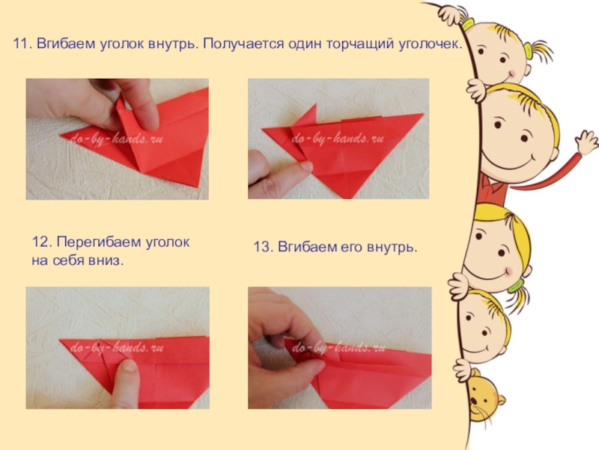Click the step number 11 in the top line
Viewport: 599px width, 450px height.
(x=22, y=43)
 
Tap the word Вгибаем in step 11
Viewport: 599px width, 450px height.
(x=66, y=43)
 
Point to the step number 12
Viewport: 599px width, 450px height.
(x=40, y=242)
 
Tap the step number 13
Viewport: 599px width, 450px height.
(x=262, y=247)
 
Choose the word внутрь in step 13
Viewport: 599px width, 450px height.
(x=392, y=247)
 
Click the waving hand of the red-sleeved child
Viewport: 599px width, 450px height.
(x=587, y=142)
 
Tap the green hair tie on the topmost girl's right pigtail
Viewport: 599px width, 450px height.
(x=529, y=51)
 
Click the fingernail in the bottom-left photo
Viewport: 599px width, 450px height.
(x=129, y=366)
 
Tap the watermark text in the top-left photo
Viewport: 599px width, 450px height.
(x=116, y=139)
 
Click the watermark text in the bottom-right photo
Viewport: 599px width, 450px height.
(x=338, y=348)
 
